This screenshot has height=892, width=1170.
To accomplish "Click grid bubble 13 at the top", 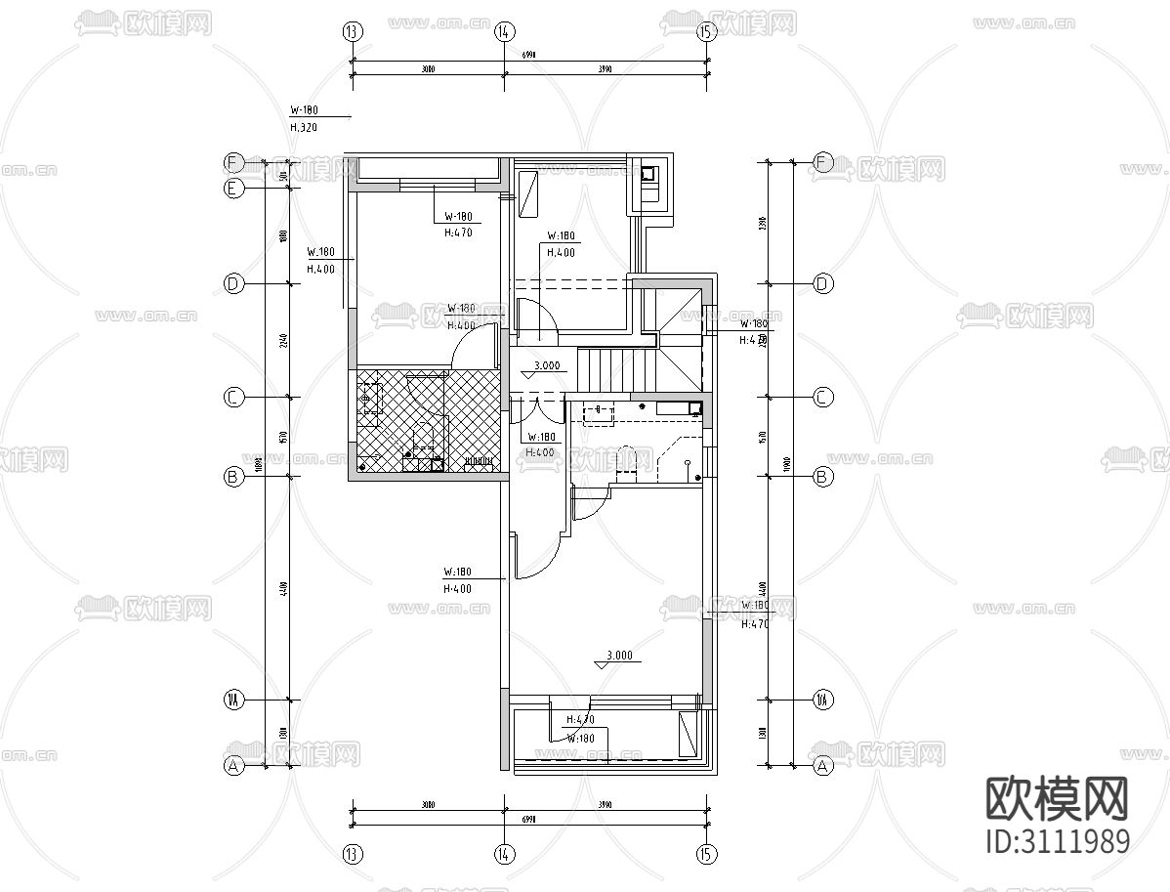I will tap(353, 31).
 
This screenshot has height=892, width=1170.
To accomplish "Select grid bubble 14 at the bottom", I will tap(504, 854).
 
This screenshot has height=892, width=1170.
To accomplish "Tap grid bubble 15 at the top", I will tap(707, 31).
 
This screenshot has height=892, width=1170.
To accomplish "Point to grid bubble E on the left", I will tap(233, 189).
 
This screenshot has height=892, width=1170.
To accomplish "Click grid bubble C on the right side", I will tap(823, 398).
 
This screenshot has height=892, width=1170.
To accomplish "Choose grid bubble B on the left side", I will tap(233, 478).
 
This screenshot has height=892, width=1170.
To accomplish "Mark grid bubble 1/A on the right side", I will tap(823, 700).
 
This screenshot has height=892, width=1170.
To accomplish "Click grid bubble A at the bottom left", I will tap(233, 767).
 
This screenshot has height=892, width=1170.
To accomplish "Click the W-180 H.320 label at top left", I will tap(305, 119).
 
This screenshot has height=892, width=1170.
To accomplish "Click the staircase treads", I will tap(616, 367).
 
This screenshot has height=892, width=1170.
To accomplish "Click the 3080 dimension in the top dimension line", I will tap(428, 69).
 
